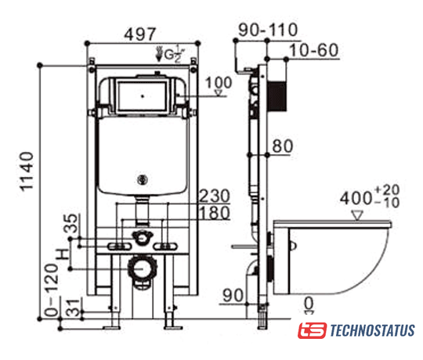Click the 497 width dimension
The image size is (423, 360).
coord(140,34)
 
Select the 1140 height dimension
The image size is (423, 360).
coord(27,171)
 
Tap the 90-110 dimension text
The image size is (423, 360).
coord(268,30)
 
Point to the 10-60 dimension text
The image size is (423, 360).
coord(314,50)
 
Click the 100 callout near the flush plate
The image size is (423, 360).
coord(219,82)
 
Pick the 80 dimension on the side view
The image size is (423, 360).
coord(283,146)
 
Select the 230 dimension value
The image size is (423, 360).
coord(215,196)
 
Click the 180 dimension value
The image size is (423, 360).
coord(215,213)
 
